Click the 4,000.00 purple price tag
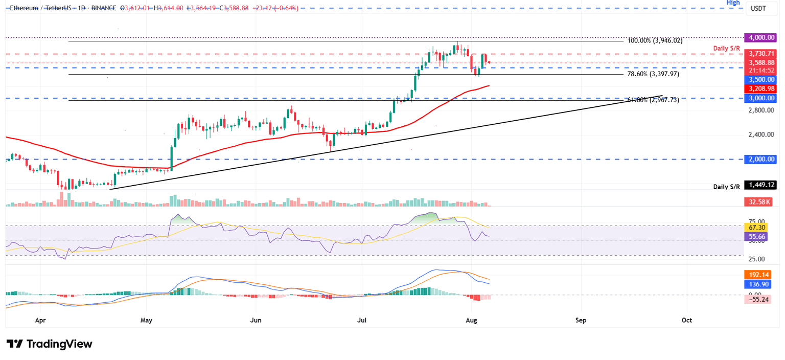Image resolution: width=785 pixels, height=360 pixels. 761,37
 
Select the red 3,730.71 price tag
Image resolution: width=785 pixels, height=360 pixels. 761,54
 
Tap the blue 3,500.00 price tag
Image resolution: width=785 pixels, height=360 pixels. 761,79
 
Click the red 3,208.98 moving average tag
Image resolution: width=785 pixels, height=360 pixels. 761,88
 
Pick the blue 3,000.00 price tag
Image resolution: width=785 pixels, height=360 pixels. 761,98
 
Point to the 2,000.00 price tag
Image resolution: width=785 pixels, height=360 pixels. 761,159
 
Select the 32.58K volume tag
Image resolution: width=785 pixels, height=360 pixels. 761,202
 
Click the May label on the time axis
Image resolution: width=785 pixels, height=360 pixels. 146,320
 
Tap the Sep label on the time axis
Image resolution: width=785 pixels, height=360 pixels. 581,320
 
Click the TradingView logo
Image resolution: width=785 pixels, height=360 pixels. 50,344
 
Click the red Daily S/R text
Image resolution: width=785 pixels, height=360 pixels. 726,48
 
